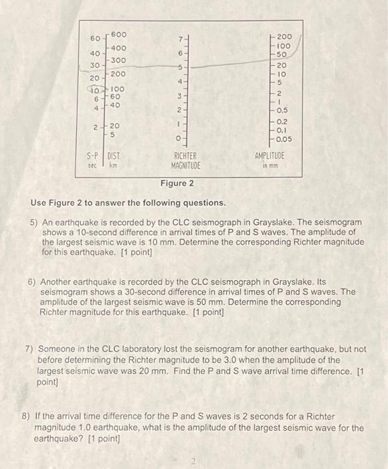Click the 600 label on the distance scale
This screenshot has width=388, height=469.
[118, 34]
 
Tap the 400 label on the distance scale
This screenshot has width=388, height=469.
[118, 48]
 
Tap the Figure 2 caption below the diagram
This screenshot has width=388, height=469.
[177, 183]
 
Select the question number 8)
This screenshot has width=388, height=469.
[29, 417]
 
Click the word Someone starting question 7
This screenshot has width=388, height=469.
[58, 350]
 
